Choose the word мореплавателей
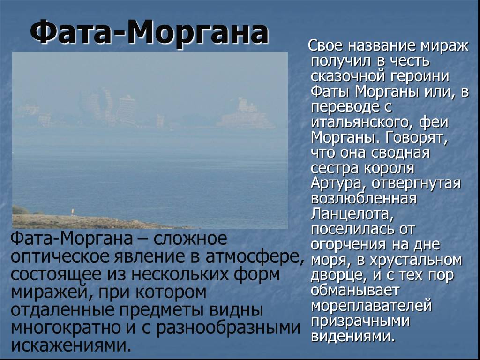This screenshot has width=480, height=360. coord(371,306)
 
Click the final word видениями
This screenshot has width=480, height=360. coord(352,336)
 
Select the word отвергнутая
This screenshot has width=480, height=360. coord(410,183)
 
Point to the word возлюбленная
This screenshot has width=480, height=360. coord(364,198)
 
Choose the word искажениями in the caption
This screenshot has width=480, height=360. coord(70,345)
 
